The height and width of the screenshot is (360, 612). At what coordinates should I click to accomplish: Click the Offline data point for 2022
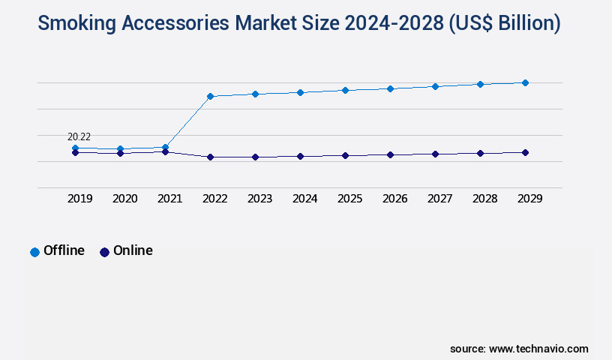pyautogui.click(x=210, y=96)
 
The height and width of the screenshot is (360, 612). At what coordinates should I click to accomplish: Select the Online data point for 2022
pyautogui.click(x=210, y=157)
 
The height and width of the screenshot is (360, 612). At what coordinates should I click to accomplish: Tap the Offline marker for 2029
pyautogui.click(x=525, y=82)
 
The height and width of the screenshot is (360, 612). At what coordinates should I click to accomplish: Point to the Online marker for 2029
pyautogui.click(x=525, y=152)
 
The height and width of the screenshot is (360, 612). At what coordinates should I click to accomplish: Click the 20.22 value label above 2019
pyautogui.click(x=79, y=136)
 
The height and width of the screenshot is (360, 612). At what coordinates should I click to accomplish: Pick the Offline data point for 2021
pyautogui.click(x=165, y=147)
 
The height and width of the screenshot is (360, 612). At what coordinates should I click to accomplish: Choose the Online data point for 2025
pyautogui.click(x=345, y=155)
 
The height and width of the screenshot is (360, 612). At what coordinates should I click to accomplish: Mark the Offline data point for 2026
pyautogui.click(x=390, y=88)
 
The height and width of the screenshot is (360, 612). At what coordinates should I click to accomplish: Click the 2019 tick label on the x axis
pyautogui.click(x=80, y=199)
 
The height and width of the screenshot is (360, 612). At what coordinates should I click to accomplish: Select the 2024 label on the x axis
pyautogui.click(x=305, y=199)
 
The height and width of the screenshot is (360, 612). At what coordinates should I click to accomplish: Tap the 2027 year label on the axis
pyautogui.click(x=440, y=199)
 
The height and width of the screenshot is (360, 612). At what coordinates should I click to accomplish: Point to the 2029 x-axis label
pyautogui.click(x=530, y=199)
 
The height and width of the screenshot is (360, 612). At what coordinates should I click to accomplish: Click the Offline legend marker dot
pyautogui.click(x=34, y=252)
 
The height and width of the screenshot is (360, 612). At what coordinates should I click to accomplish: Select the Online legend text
pyautogui.click(x=133, y=250)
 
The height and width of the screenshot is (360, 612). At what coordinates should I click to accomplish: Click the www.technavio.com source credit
pyautogui.click(x=538, y=349)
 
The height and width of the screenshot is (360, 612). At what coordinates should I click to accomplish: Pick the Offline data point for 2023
pyautogui.click(x=255, y=94)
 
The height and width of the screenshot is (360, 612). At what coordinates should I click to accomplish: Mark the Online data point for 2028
pyautogui.click(x=480, y=153)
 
